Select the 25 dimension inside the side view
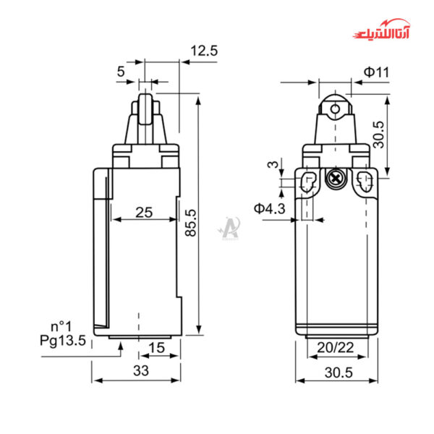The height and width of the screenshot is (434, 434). (x=144, y=212)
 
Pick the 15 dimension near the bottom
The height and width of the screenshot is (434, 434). (x=157, y=348)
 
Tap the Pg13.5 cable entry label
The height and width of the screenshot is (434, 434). (x=63, y=339)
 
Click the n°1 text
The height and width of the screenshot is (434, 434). (x=61, y=325)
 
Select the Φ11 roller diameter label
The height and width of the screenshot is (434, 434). (x=376, y=72)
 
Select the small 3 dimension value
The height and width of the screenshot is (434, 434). (x=273, y=165)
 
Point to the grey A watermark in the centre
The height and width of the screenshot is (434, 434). (x=229, y=227)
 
